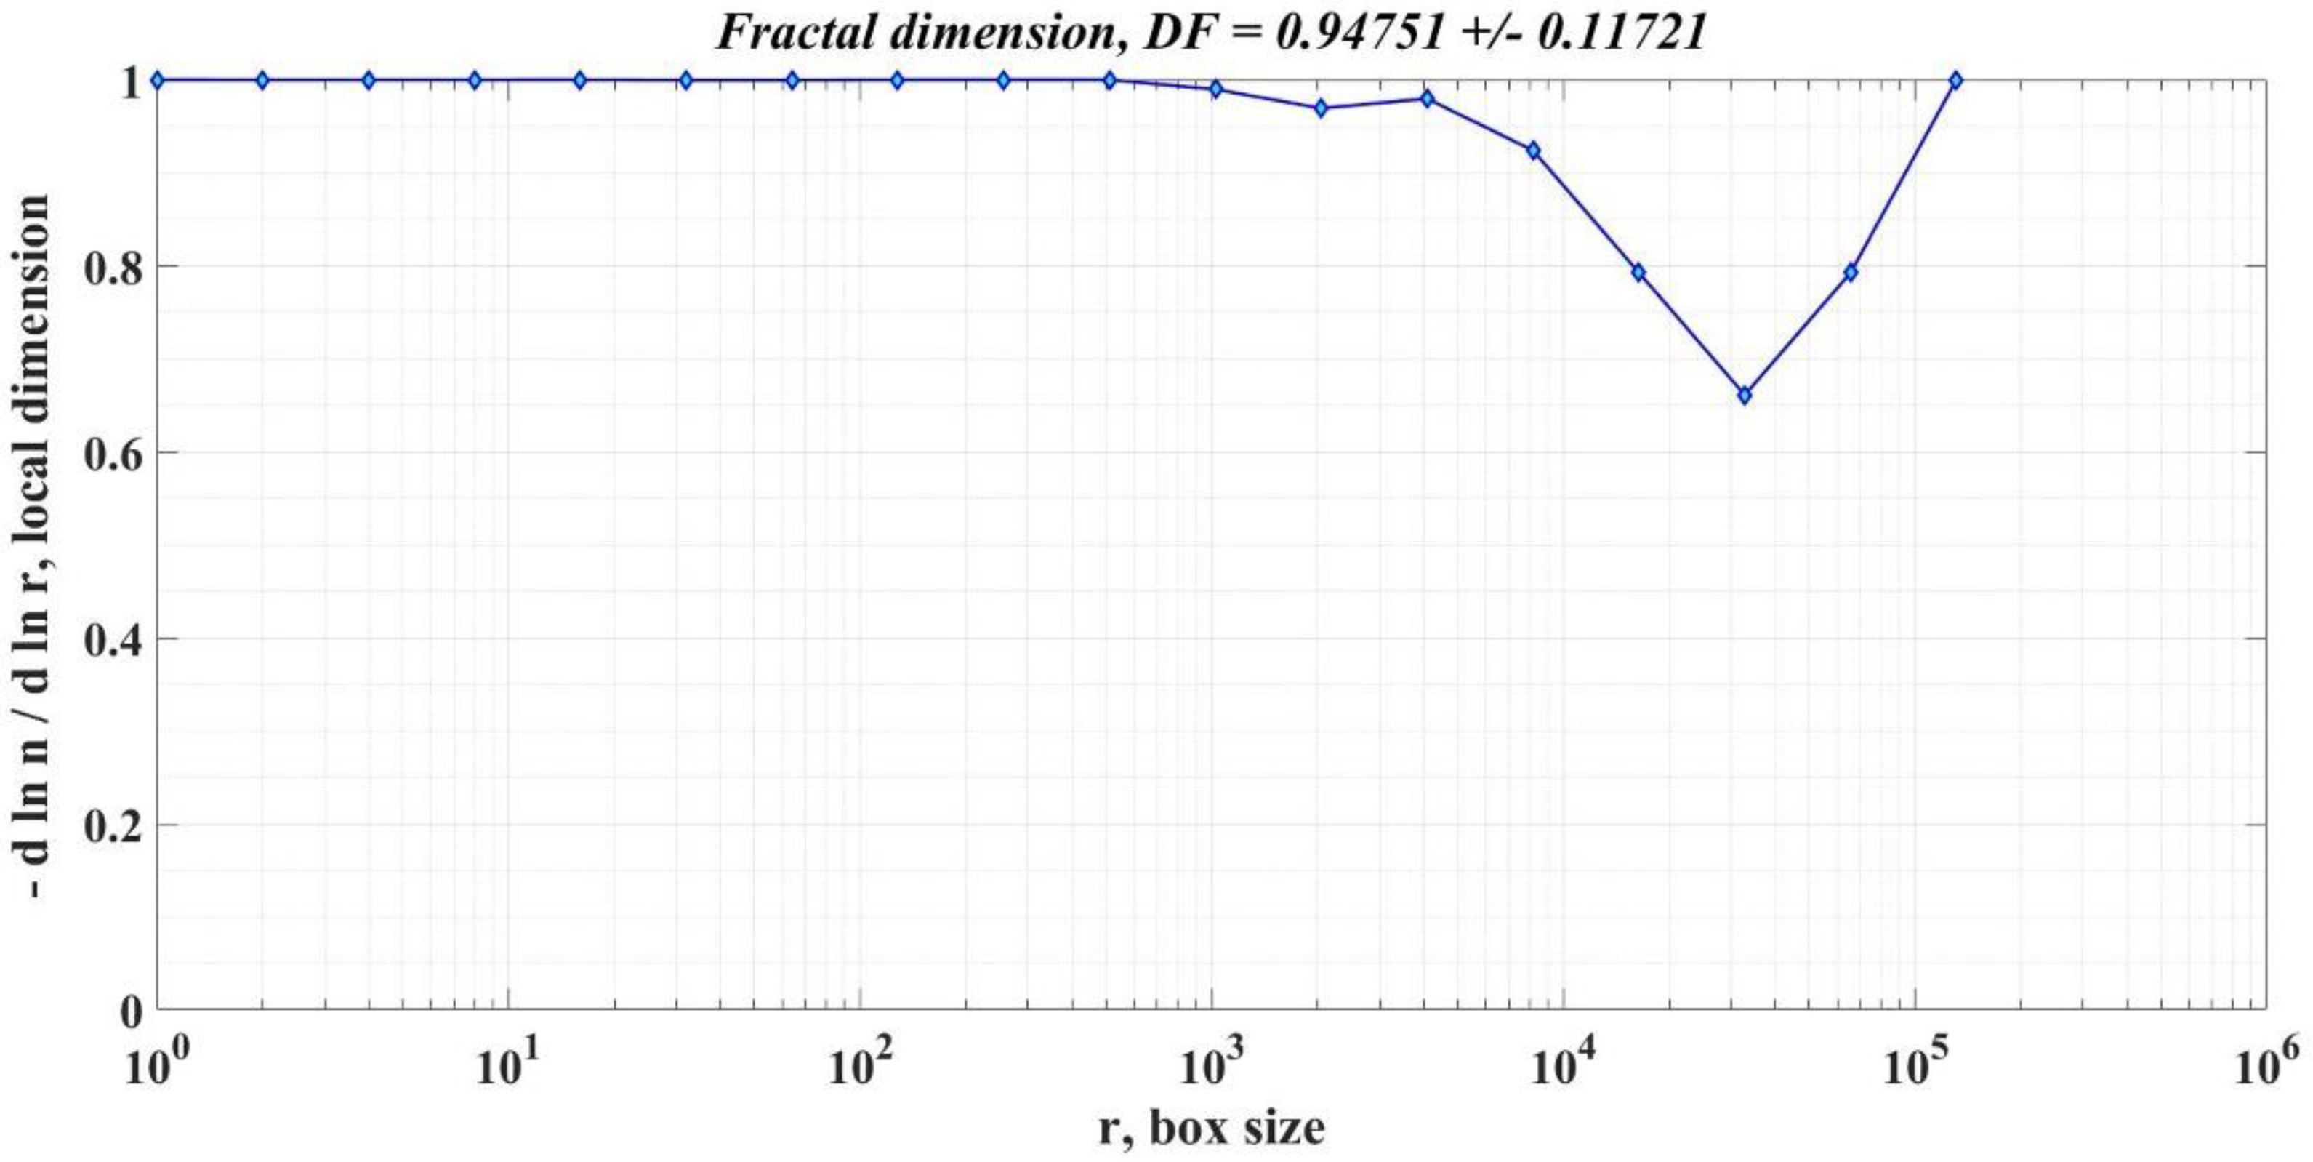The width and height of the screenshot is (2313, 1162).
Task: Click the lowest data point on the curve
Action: point(1744,396)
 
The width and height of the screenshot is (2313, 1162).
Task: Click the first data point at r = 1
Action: point(158,81)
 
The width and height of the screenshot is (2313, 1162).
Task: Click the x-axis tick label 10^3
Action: point(1214,1066)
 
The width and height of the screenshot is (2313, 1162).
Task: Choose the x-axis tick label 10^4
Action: point(1566,1066)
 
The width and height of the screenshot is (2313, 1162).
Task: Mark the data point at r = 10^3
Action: point(1216,89)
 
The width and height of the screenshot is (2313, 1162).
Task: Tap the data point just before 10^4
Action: point(1533,151)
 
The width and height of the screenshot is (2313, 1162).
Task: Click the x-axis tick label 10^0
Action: point(158,1066)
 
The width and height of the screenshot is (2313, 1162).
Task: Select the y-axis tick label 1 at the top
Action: point(131,83)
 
